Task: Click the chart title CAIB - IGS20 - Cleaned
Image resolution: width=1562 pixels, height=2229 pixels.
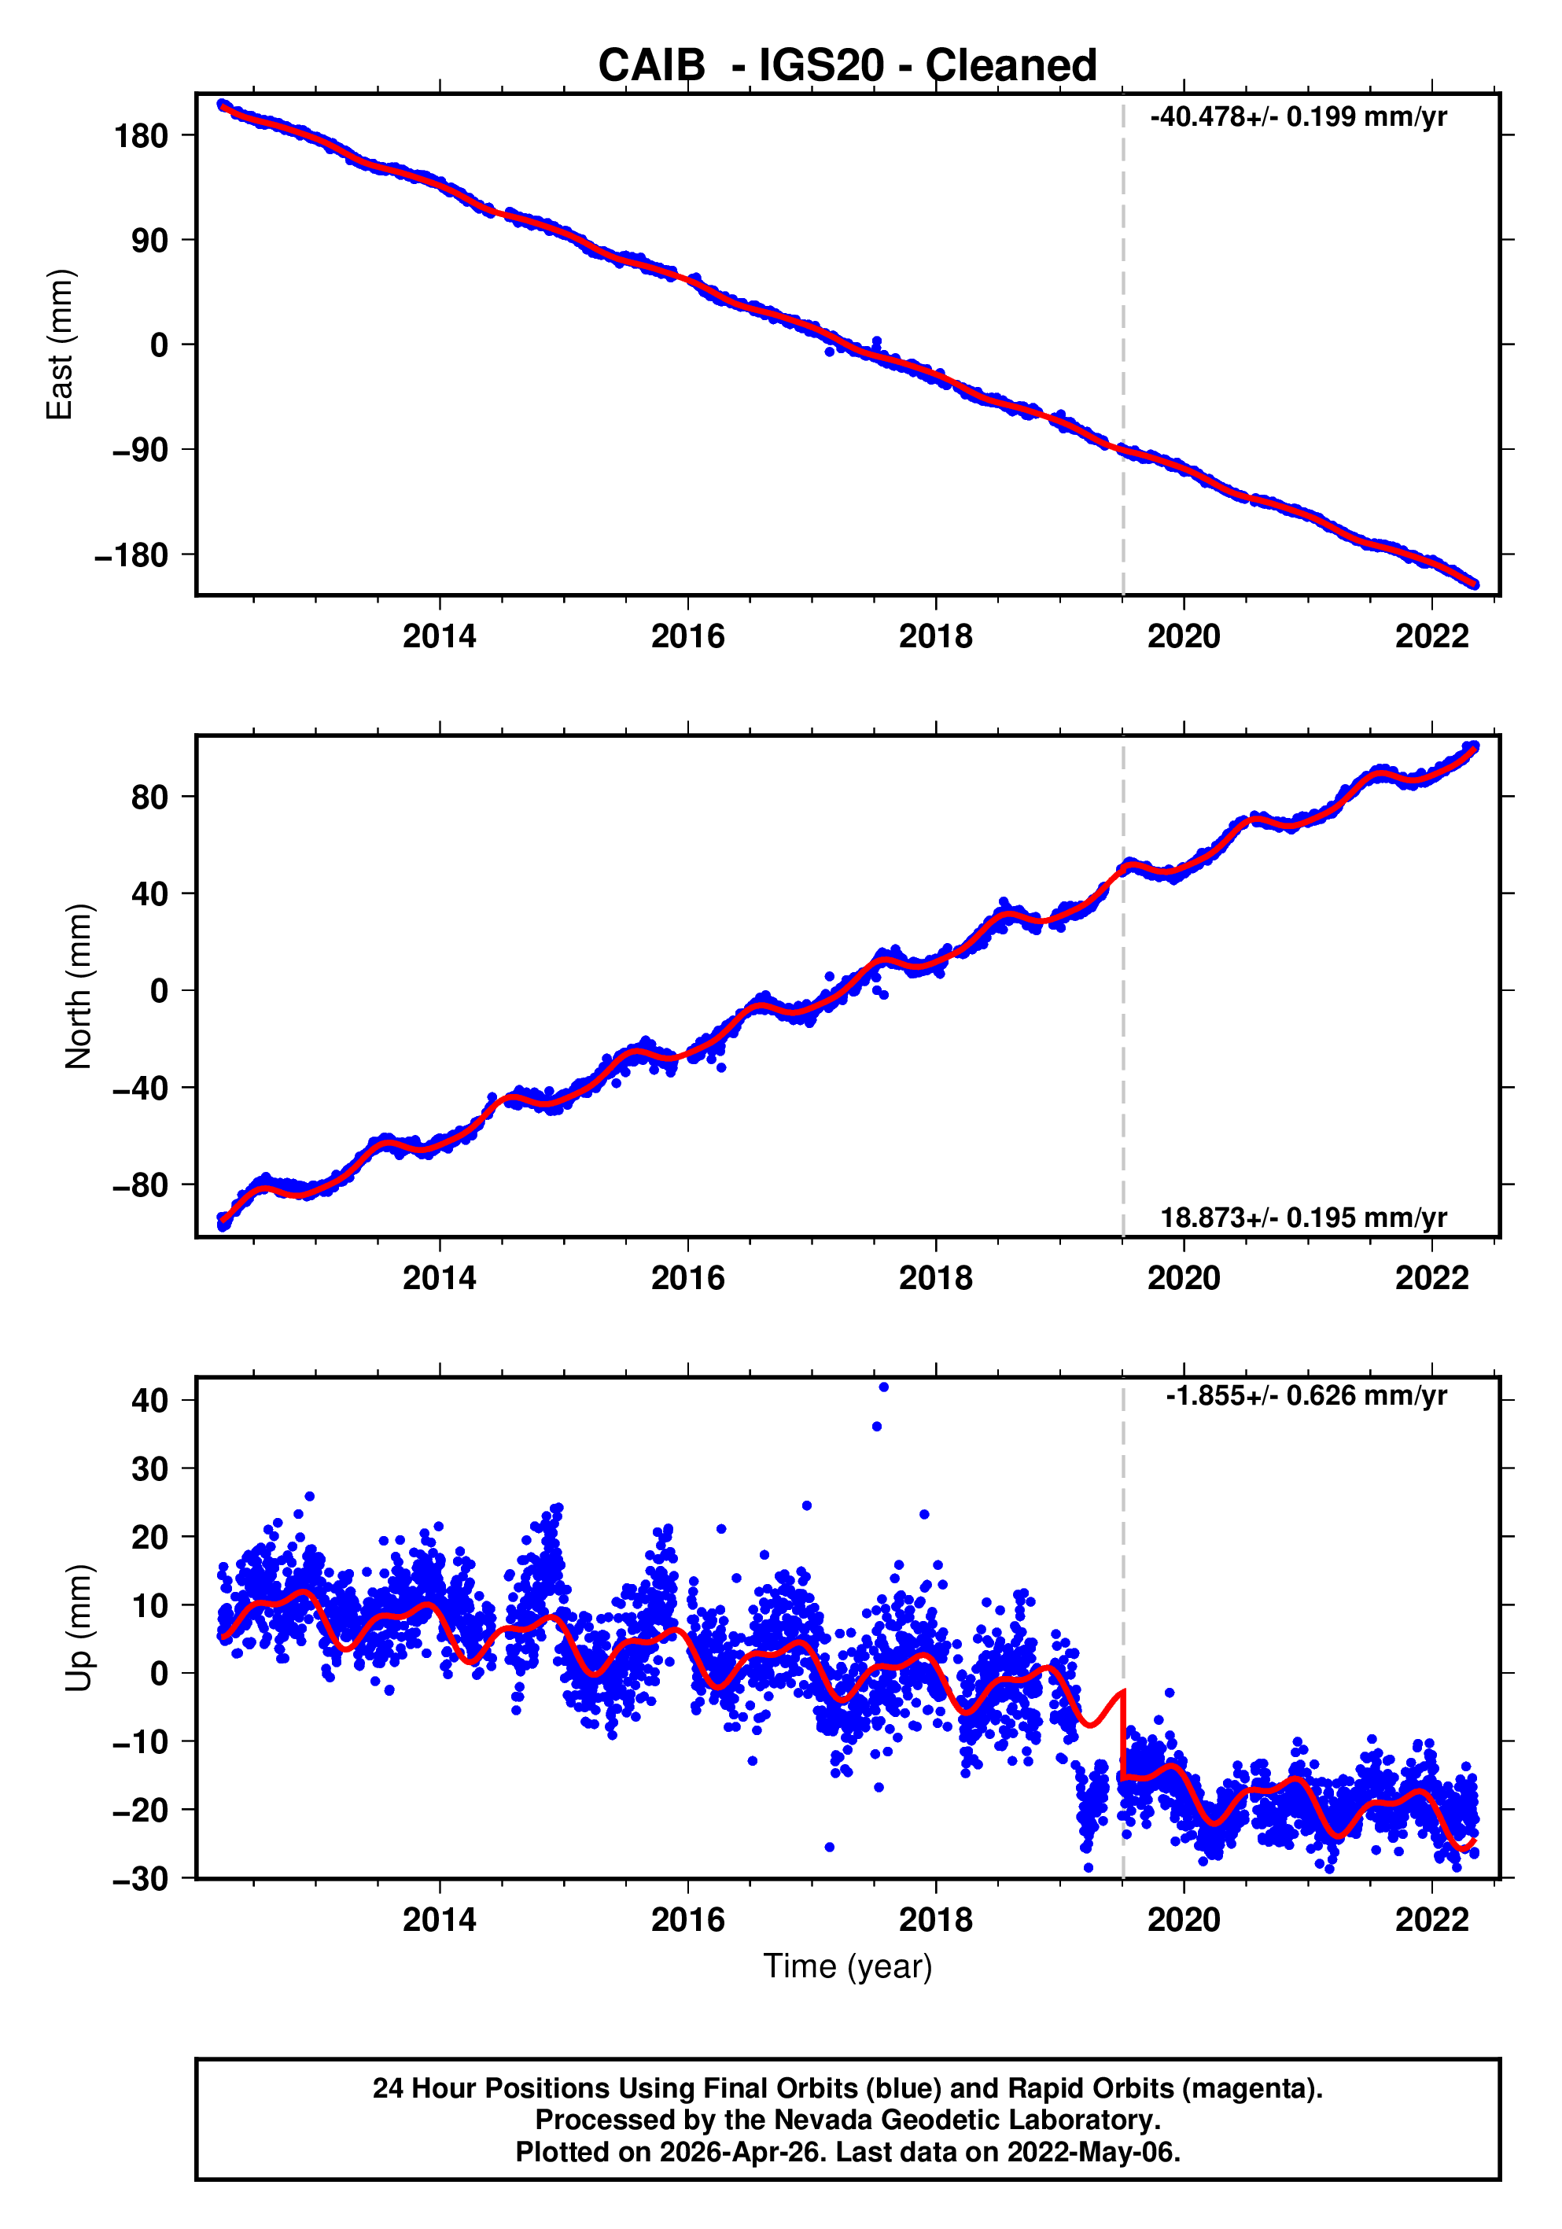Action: coord(846,66)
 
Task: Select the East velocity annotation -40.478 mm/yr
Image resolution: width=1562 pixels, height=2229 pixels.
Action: coord(1297,117)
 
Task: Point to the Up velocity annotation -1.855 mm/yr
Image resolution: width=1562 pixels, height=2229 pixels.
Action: coord(1305,1396)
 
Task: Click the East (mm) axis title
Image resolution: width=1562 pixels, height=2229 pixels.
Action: coord(61,344)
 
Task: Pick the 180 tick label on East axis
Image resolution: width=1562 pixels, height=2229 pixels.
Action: coord(141,136)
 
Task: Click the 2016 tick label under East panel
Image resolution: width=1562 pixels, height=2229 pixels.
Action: coord(687,637)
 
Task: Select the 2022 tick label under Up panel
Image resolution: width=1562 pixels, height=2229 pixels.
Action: coord(1431,1919)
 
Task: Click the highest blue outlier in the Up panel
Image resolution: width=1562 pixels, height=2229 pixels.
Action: coord(883,1387)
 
